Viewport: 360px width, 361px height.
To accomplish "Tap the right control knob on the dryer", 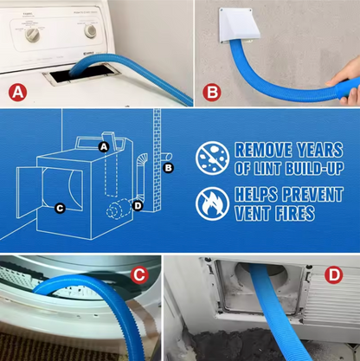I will (x=89, y=30).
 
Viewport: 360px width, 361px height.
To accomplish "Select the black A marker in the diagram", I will (x=104, y=147).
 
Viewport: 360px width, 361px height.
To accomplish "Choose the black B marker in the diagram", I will (x=168, y=166).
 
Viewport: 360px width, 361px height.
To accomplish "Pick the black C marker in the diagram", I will (x=59, y=207).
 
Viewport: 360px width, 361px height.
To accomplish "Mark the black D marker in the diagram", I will (x=137, y=204).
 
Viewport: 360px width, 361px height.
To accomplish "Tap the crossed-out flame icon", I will (x=210, y=203).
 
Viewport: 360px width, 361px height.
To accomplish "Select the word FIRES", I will (x=293, y=213).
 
